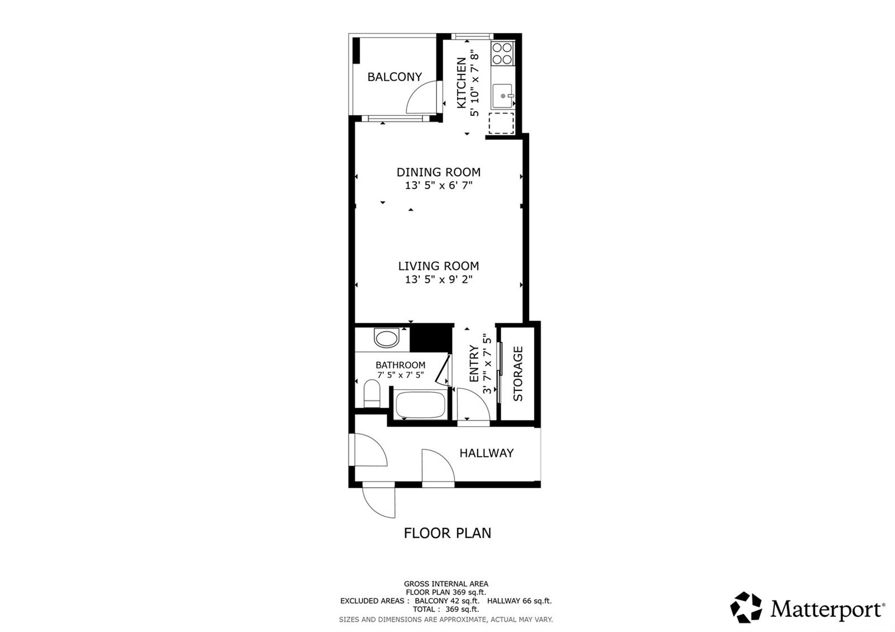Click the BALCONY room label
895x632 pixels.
tap(394, 77)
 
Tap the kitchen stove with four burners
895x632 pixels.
tap(502, 54)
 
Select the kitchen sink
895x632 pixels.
tap(502, 96)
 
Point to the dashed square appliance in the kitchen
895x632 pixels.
tap(501, 123)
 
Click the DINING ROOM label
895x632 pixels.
tap(439, 172)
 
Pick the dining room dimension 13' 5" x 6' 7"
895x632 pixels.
tap(439, 185)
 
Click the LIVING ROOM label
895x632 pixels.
tap(439, 266)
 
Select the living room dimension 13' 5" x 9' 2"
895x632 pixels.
tap(439, 279)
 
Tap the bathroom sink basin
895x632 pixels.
tap(387, 338)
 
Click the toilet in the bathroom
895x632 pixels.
tap(372, 393)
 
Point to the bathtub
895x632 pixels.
tap(420, 404)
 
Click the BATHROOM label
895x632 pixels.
tap(401, 365)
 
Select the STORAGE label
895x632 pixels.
tap(518, 374)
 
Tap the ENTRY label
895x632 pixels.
tap(474, 364)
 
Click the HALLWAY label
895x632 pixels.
tap(486, 453)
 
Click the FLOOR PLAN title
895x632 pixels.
tap(447, 534)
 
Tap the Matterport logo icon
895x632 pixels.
tap(746, 607)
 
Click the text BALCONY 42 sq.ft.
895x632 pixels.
tap(447, 601)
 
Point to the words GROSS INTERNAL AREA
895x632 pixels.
tap(446, 584)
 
